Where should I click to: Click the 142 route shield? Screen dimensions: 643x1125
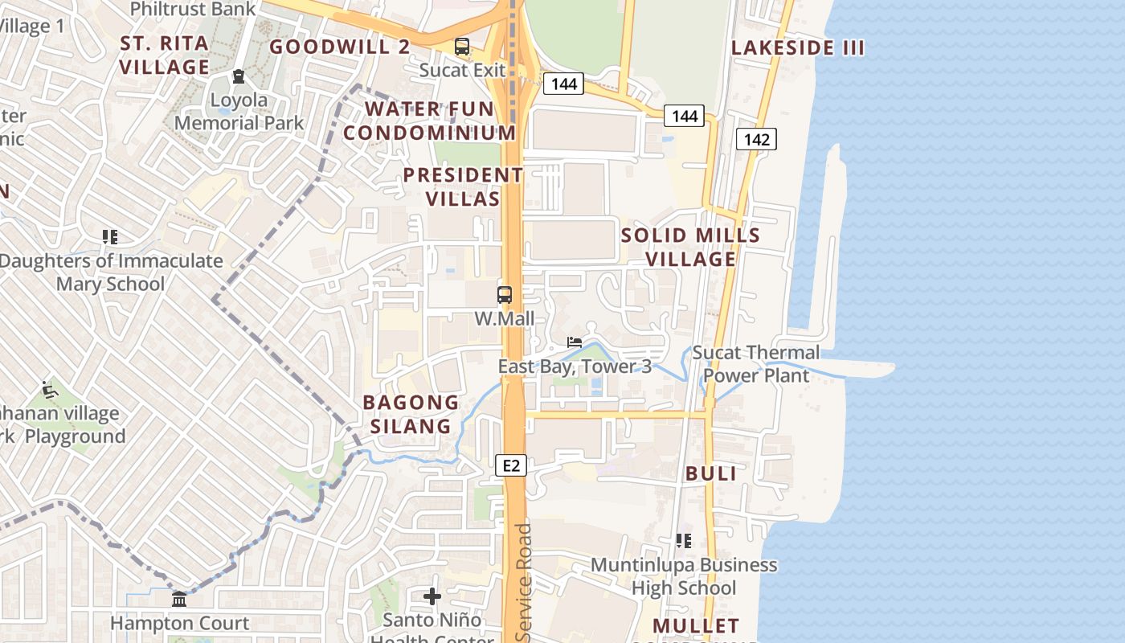[756, 140]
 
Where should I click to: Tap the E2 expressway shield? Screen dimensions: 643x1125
[512, 465]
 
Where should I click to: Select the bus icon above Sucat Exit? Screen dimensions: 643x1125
[462, 47]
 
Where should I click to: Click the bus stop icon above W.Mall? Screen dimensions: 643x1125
[505, 295]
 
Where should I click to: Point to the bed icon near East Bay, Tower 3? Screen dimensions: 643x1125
[574, 342]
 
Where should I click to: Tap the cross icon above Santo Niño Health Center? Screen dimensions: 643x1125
[432, 596]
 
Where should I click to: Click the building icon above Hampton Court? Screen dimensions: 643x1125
[179, 600]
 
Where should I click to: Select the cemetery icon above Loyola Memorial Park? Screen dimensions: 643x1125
[239, 76]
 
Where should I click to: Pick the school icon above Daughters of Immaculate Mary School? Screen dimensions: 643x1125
[110, 237]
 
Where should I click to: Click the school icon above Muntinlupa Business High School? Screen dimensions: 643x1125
[684, 541]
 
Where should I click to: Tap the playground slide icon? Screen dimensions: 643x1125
[50, 391]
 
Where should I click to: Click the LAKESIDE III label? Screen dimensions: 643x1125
[798, 48]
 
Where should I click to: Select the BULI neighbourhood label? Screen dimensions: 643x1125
[711, 474]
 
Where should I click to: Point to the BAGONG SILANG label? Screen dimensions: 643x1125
[411, 414]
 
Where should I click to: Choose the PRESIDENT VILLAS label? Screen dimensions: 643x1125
[463, 186]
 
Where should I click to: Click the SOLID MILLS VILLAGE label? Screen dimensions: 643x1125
[691, 247]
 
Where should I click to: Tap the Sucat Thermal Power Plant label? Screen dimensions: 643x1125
[756, 364]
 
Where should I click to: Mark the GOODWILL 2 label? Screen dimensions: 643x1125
[340, 47]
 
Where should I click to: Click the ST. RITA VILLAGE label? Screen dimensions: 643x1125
[165, 55]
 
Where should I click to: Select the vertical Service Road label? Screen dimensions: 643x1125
[524, 582]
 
